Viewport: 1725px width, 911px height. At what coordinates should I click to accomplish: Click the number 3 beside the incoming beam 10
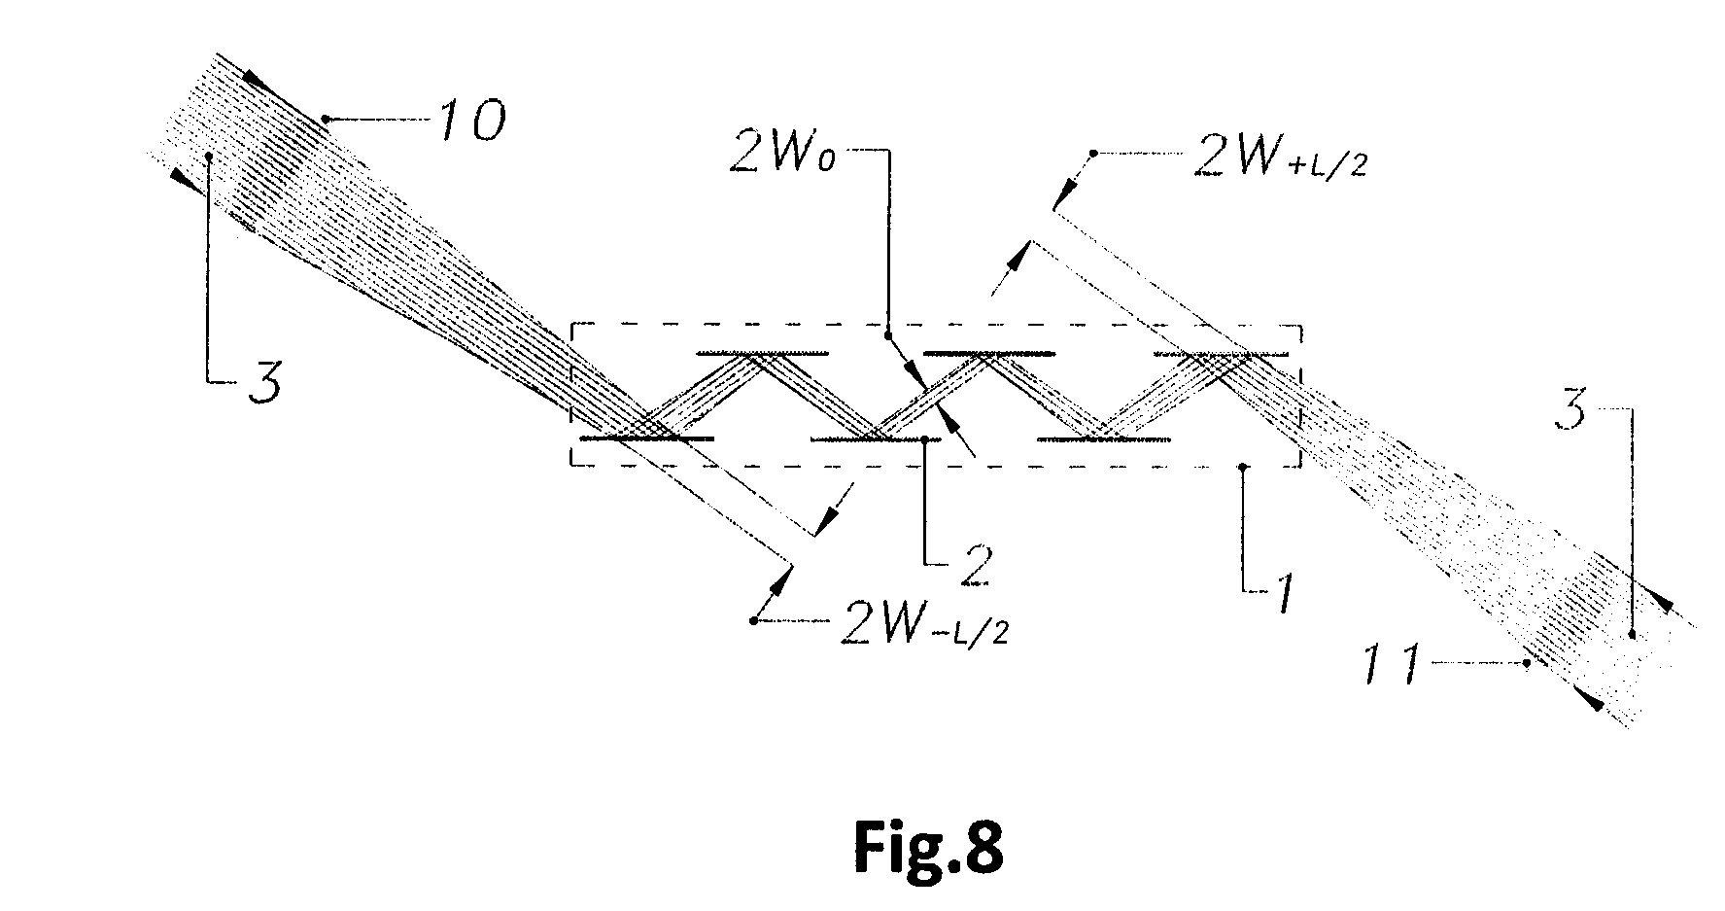(x=261, y=383)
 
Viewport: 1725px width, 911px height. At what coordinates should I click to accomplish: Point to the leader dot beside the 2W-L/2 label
(x=754, y=620)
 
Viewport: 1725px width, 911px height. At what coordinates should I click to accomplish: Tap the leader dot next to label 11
(x=1527, y=664)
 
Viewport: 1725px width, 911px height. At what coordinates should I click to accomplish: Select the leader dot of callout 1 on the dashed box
(x=1244, y=468)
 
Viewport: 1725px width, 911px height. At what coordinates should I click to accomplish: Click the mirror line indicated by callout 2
(x=875, y=439)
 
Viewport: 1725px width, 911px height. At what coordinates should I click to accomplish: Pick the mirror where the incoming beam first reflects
(x=646, y=439)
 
